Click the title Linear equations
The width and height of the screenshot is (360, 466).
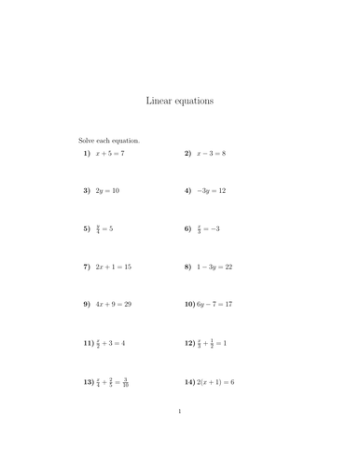[x=180, y=100]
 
